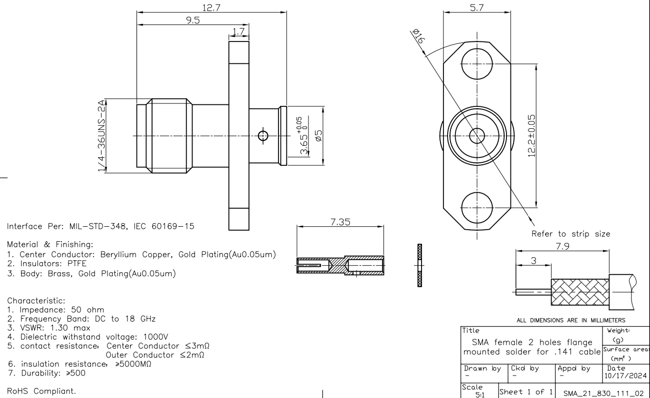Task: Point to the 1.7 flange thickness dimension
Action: tap(238, 32)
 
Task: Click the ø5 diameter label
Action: tap(317, 135)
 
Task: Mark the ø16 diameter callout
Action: tap(415, 37)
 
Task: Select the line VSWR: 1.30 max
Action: tap(49, 328)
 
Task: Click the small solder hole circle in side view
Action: tap(262, 135)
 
